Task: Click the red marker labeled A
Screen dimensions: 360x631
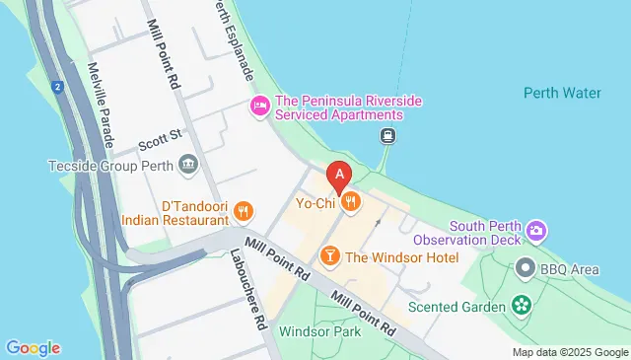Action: (339, 177)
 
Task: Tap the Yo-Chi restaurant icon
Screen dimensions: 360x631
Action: (351, 203)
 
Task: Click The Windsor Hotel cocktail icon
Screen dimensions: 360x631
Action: (330, 256)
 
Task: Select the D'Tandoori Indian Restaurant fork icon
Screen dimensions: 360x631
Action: (243, 210)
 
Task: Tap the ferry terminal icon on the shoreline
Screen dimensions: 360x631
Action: (389, 137)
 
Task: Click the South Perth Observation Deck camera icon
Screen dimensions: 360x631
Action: (535, 231)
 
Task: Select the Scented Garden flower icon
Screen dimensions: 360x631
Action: (521, 306)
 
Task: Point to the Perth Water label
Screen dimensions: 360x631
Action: (562, 94)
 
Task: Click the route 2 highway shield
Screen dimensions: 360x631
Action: (58, 87)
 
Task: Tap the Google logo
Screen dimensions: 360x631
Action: (34, 347)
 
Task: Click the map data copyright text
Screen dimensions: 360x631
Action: (569, 352)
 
